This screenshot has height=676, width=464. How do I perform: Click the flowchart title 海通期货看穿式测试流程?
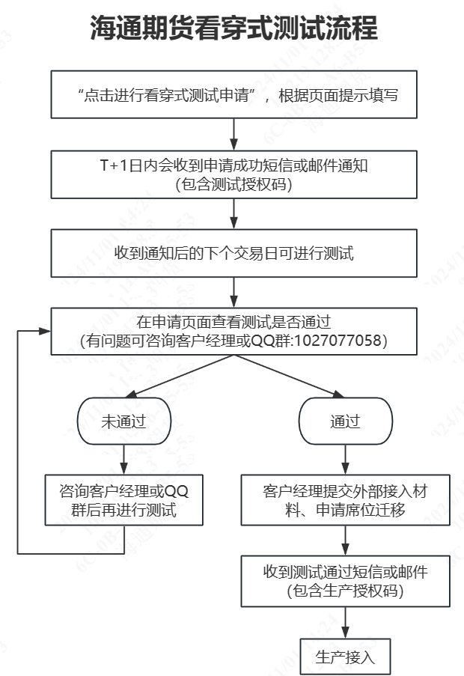pos(233,28)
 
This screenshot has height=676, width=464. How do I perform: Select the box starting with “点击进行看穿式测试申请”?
pos(233,95)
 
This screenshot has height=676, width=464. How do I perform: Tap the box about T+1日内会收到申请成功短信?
pos(233,174)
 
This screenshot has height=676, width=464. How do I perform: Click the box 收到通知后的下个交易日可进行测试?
pos(233,253)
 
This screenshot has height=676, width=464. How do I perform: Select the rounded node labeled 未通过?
pos(123,421)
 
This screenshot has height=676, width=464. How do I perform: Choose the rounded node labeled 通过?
pos(345,421)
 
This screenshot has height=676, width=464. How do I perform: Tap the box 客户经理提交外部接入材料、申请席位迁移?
pos(345,501)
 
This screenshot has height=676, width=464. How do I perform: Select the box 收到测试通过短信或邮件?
pos(345,581)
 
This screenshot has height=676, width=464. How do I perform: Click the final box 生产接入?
pos(345,658)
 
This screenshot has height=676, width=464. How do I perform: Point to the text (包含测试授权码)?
pos(233,185)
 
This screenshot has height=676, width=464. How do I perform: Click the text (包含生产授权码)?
pos(345,591)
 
